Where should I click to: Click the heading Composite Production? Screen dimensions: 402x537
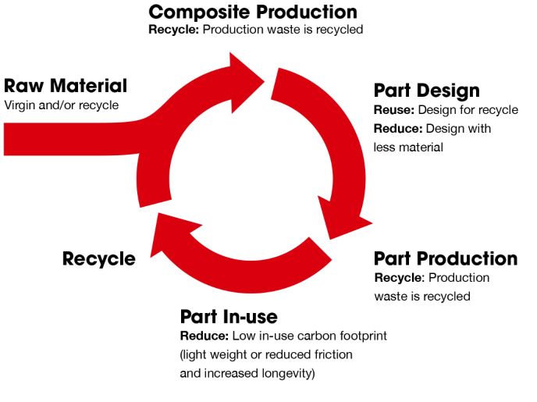pos(253,12)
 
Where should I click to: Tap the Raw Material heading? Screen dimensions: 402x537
pos(66,86)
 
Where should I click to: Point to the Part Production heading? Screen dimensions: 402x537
pos(445,258)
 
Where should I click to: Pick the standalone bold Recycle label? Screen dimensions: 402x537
pos(98,258)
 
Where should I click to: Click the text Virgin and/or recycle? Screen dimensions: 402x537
pos(62,105)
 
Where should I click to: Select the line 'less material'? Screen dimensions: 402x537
pos(408,147)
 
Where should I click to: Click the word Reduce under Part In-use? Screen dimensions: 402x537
pos(203,336)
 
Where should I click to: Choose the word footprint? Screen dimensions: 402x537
pos(361,336)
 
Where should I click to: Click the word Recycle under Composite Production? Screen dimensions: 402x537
pos(169,30)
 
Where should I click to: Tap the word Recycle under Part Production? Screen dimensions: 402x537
pos(397,278)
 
